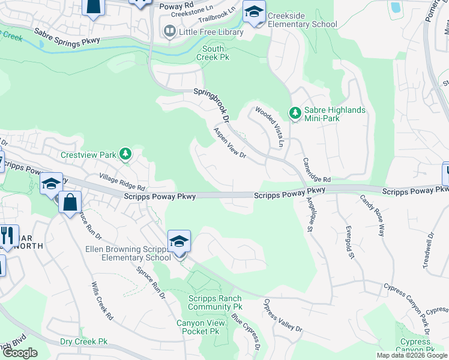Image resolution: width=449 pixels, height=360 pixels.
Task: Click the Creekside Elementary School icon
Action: [x=254, y=12]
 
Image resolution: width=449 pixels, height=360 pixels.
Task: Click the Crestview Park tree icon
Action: [x=125, y=155]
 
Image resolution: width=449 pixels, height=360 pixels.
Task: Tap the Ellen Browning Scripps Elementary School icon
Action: [x=179, y=242]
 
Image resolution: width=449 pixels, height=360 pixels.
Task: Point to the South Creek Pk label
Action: [x=213, y=53]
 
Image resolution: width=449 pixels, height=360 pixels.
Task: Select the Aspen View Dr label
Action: [x=230, y=143]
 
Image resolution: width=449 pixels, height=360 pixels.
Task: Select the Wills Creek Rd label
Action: [x=102, y=301]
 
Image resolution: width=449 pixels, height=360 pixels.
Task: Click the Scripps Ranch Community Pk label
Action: [x=214, y=303]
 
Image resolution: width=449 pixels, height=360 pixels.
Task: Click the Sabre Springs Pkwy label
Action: [x=66, y=35]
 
